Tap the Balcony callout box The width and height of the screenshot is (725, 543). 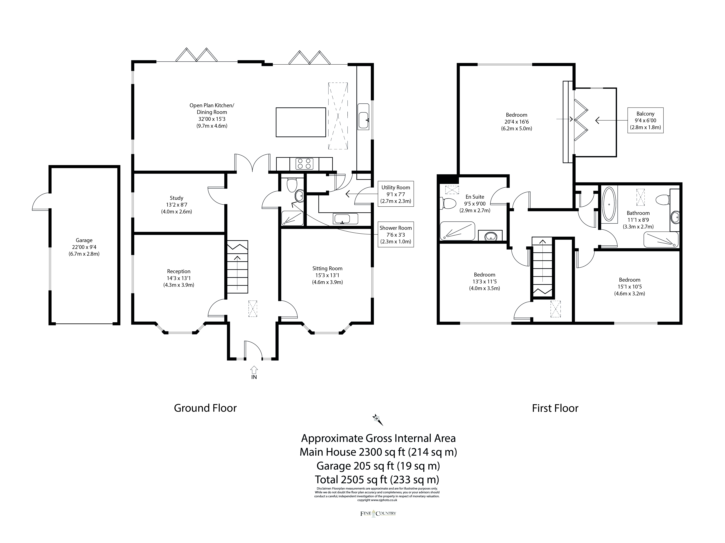click(x=645, y=120)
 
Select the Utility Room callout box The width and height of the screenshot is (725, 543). click(x=396, y=194)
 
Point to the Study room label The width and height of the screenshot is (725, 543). click(x=176, y=205)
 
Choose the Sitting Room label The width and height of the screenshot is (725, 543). click(x=327, y=275)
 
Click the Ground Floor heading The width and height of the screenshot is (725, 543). click(x=205, y=408)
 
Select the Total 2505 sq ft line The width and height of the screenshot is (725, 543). click(x=377, y=479)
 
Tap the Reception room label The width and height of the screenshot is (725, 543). click(x=179, y=278)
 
